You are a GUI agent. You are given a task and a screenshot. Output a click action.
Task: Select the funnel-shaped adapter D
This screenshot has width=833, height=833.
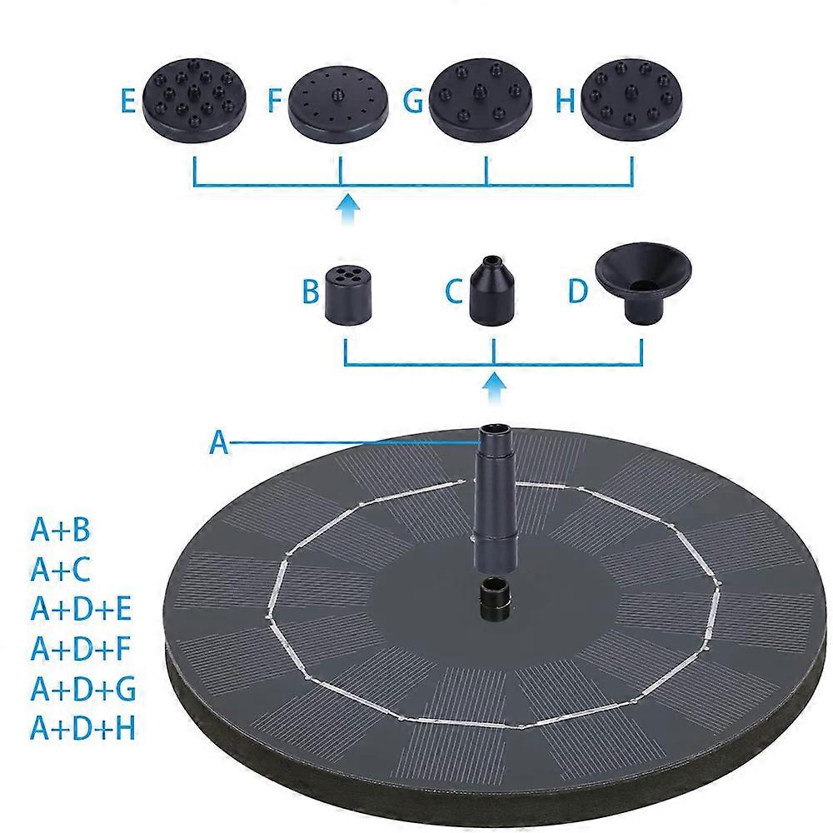(642, 284)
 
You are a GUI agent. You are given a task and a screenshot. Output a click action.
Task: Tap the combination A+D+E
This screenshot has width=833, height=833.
(81, 610)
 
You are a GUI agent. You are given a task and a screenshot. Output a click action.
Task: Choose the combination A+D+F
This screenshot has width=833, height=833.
(81, 649)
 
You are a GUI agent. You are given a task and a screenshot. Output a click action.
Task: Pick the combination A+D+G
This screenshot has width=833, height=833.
(82, 689)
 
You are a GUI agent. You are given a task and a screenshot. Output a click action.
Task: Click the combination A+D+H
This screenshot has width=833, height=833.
(82, 728)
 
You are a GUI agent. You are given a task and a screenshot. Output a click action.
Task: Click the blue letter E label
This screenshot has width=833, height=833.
(127, 102)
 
